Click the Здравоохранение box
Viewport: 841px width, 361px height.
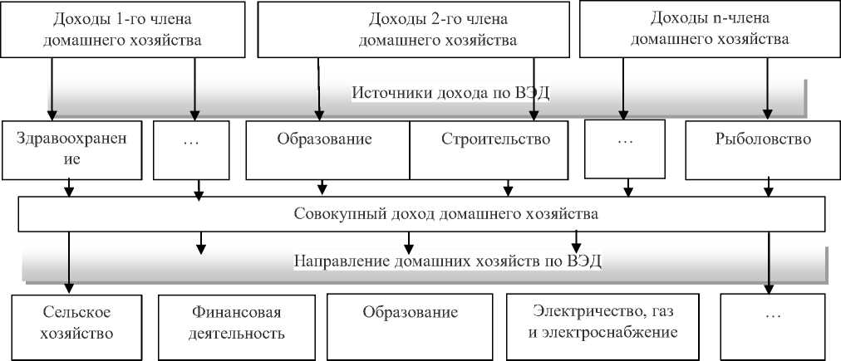(71, 149)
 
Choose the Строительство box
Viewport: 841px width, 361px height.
(495, 149)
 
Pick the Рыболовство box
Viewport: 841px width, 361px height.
(762, 149)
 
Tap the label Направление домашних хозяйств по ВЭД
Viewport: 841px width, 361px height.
(448, 261)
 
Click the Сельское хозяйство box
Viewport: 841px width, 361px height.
(76, 323)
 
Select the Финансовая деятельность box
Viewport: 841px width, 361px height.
(233, 323)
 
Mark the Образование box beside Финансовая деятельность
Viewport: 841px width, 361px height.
(411, 323)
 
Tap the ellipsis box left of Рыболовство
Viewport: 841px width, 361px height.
(626, 149)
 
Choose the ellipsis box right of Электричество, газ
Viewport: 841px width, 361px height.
(772, 323)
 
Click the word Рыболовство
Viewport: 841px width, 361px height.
(762, 139)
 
